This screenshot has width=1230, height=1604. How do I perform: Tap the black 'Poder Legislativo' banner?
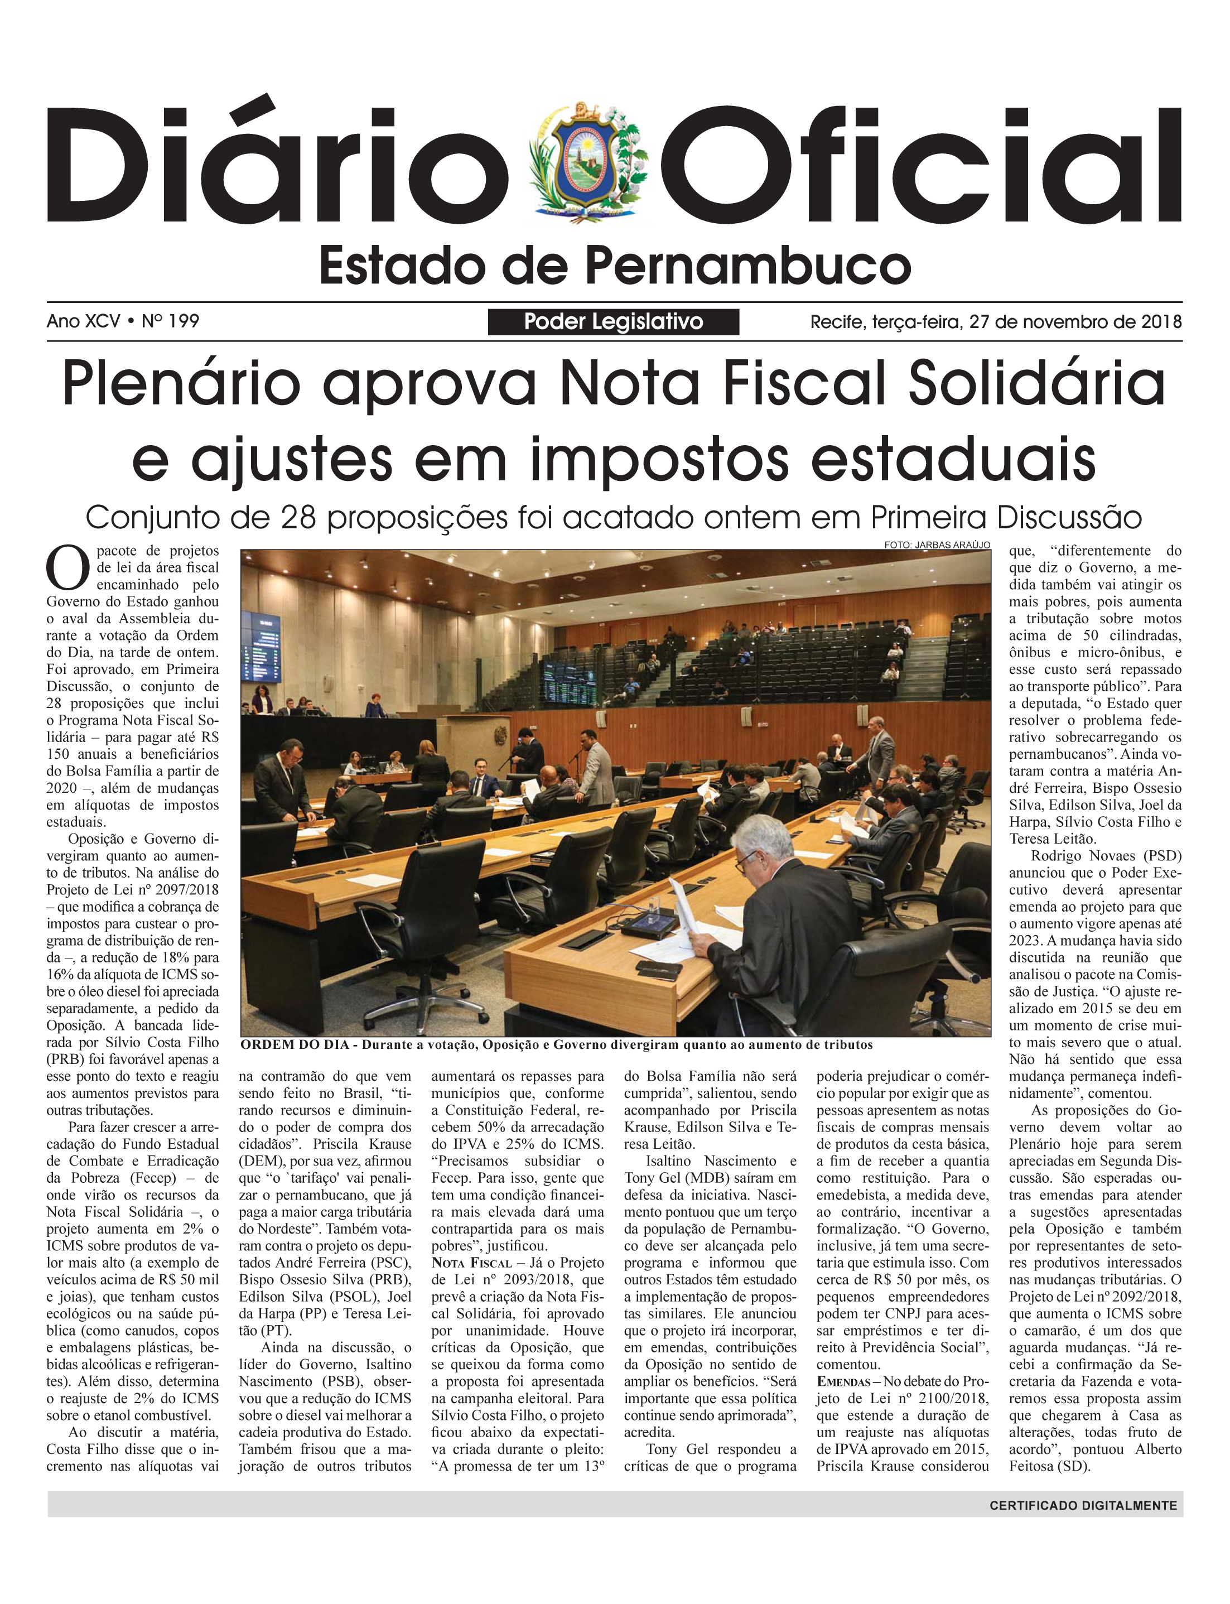(614, 321)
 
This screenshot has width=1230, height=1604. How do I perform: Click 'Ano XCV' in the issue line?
(83, 321)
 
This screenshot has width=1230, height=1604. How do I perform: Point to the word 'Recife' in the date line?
(836, 321)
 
